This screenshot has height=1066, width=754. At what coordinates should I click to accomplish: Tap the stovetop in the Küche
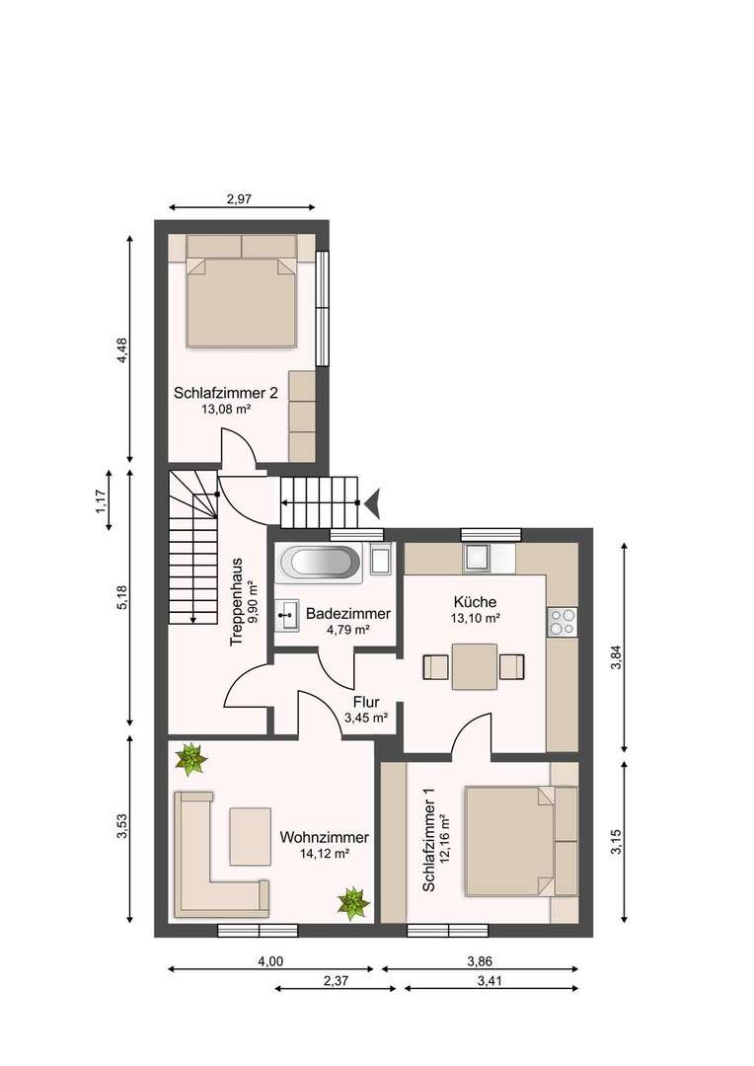562,620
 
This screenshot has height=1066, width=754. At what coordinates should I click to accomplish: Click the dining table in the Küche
475,666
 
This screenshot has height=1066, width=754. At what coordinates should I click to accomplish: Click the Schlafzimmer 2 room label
226,393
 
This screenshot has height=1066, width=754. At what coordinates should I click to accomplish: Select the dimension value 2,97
242,199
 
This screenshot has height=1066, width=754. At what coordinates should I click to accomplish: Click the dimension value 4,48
121,350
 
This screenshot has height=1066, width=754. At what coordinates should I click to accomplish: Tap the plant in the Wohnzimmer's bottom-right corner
352,900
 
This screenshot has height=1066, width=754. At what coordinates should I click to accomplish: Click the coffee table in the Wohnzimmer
251,835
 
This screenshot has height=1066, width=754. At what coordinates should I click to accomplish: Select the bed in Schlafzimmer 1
507,839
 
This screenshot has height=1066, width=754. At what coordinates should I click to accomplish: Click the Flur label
365,703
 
